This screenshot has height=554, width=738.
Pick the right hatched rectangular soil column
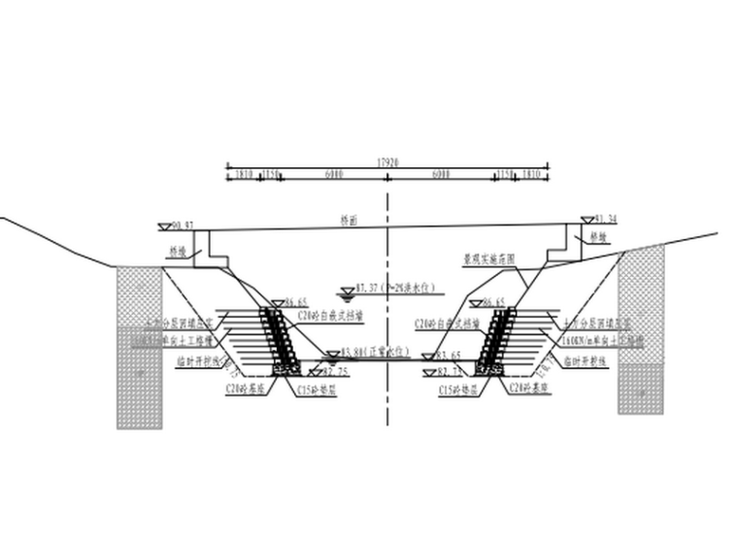(641, 330)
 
